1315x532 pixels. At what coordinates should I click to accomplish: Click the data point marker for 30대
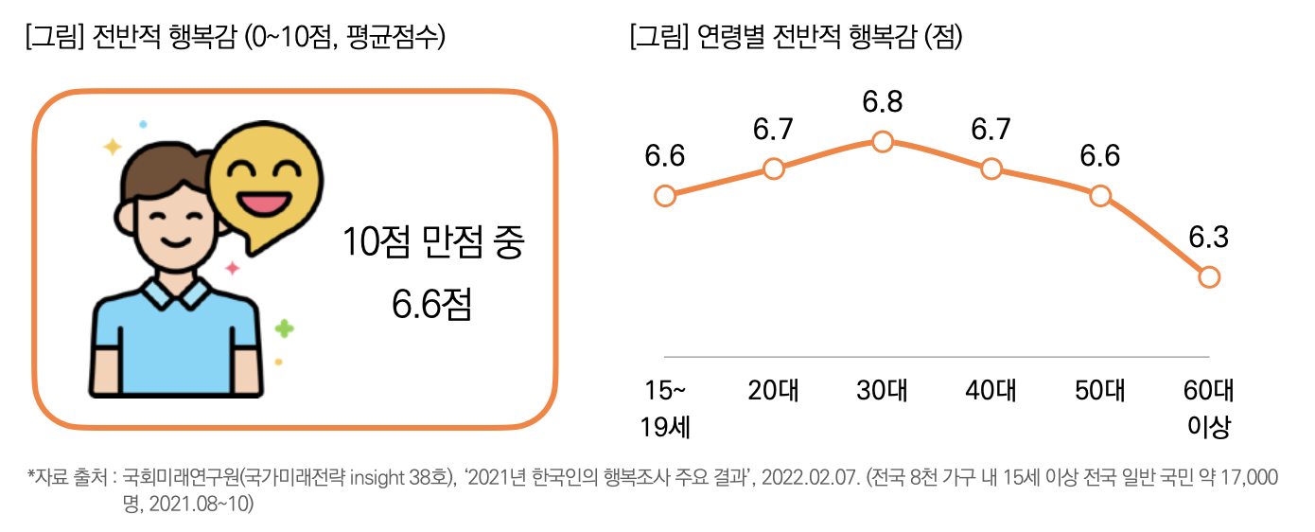[882, 141]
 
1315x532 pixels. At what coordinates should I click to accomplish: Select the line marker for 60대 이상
[1209, 277]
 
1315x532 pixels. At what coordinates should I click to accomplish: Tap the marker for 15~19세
[665, 196]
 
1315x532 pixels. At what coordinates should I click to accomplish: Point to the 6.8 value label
[882, 101]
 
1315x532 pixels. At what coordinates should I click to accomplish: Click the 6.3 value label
[1209, 238]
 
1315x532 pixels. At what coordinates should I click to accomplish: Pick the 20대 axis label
[773, 390]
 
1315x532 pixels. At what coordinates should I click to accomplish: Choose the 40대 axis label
[991, 390]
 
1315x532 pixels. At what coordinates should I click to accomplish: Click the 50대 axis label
[1100, 390]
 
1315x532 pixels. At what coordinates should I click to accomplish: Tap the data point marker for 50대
[1099, 196]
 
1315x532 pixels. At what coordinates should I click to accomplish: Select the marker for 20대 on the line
[773, 168]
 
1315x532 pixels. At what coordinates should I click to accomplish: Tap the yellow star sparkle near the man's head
[113, 147]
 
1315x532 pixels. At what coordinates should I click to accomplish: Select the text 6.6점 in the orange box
[431, 304]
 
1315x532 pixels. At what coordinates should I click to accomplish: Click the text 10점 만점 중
[433, 243]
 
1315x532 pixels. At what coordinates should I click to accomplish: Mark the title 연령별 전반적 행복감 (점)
[796, 38]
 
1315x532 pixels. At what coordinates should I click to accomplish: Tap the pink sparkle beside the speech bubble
[232, 268]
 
